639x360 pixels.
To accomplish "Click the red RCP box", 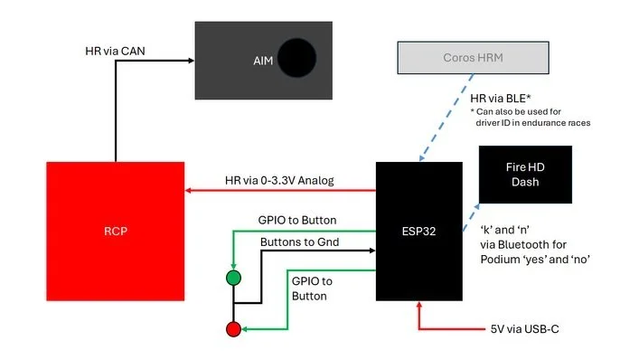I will pos(115,232).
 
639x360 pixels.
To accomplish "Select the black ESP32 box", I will pos(418,232).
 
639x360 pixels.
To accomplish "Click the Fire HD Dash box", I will pos(524,174).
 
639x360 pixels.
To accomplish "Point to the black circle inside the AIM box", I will pos(296,59).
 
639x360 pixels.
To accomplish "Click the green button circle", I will pos(234,278).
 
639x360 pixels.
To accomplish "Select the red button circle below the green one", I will pos(234,329).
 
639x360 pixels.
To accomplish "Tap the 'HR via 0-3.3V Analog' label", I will pos(279,180).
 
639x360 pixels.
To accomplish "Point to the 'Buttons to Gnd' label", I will pos(301,243).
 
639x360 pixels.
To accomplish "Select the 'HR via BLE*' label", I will pos(500,96).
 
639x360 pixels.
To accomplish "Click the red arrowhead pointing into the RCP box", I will pos(190,191).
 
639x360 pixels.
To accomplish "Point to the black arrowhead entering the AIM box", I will pos(191,61).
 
